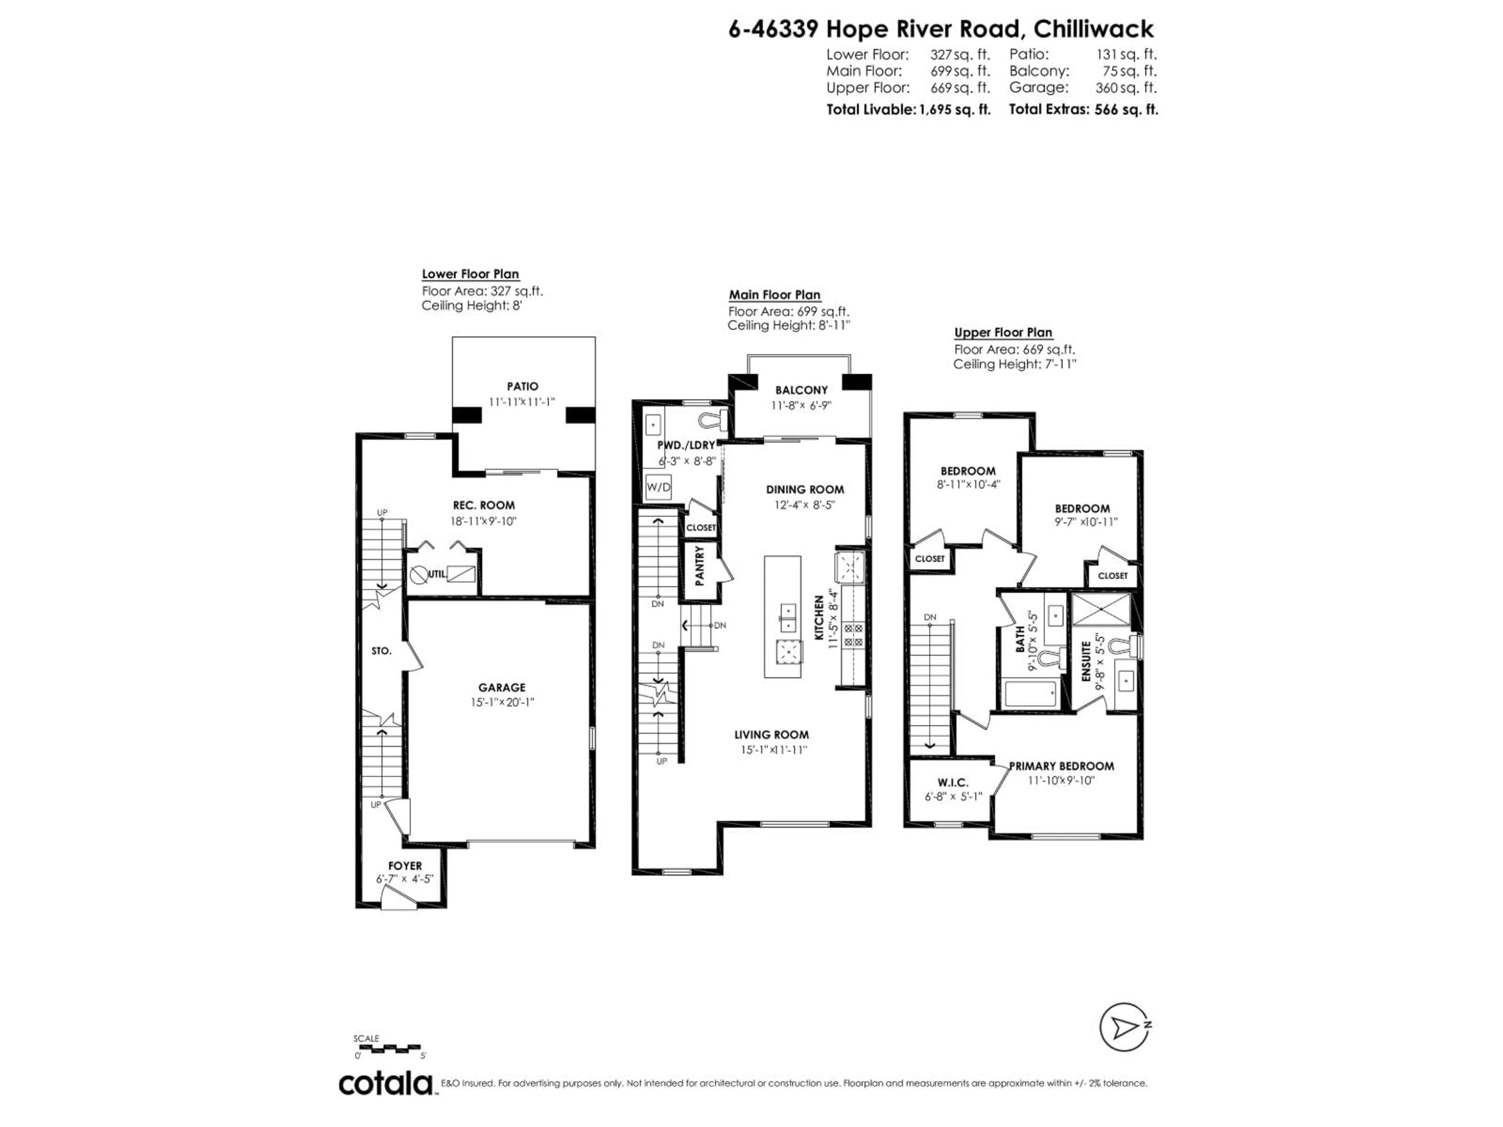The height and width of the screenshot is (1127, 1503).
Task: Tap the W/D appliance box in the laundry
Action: click(658, 487)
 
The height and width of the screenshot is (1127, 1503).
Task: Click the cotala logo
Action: click(385, 1084)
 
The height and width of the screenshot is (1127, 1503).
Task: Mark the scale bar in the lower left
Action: click(389, 1049)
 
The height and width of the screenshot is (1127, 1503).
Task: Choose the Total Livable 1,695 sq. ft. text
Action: click(908, 109)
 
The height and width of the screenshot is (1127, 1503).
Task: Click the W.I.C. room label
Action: click(953, 783)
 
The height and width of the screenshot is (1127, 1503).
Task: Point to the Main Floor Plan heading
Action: click(775, 295)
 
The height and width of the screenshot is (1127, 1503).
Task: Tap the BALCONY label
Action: click(801, 390)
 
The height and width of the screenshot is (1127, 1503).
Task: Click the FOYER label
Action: click(405, 866)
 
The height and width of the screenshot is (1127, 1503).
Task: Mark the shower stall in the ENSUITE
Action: click(1101, 609)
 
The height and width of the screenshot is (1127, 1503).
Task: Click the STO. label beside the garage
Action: click(381, 651)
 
